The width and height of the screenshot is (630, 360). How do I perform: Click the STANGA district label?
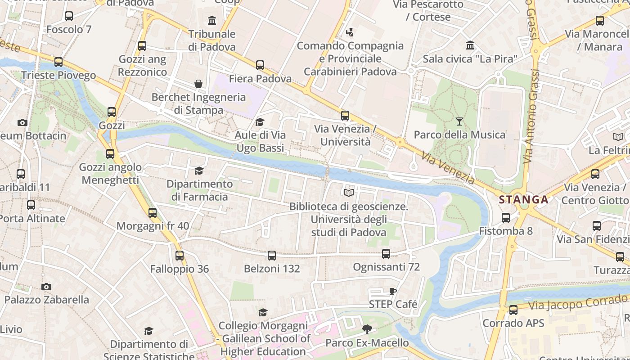pos(524,200)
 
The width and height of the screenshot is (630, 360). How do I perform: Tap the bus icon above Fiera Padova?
pos(260,65)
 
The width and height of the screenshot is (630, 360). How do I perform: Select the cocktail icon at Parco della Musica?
pos(459,121)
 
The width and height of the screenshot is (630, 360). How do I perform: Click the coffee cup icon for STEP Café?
pos(393,291)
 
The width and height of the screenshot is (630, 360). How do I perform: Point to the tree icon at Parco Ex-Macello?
pos(367,329)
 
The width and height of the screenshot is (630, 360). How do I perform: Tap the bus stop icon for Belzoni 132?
pos(272,256)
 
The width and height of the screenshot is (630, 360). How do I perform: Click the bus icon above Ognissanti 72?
pos(386,254)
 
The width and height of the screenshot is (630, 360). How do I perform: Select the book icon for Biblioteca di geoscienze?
pos(349,193)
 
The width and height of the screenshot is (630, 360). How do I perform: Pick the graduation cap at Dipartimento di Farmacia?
pos(199,171)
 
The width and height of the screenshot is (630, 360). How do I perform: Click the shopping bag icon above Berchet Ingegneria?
pos(198,84)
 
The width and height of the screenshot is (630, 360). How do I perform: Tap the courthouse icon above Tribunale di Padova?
pos(212,21)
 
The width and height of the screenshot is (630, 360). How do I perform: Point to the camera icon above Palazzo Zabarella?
pos(46,287)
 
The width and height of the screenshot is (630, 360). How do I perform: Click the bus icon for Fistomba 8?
pos(506,218)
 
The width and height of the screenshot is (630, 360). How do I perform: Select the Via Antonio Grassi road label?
pos(531,117)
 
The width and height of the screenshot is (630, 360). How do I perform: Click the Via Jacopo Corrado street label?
pos(578,302)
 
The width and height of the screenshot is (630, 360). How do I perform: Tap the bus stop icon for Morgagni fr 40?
pos(153,213)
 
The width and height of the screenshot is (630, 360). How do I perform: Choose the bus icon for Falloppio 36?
pos(180,256)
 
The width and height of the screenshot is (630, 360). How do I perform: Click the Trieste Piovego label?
pos(58,75)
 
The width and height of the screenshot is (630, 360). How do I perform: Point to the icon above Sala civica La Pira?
pos(470,45)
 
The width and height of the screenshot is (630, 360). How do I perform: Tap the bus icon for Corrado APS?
pos(513,310)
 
